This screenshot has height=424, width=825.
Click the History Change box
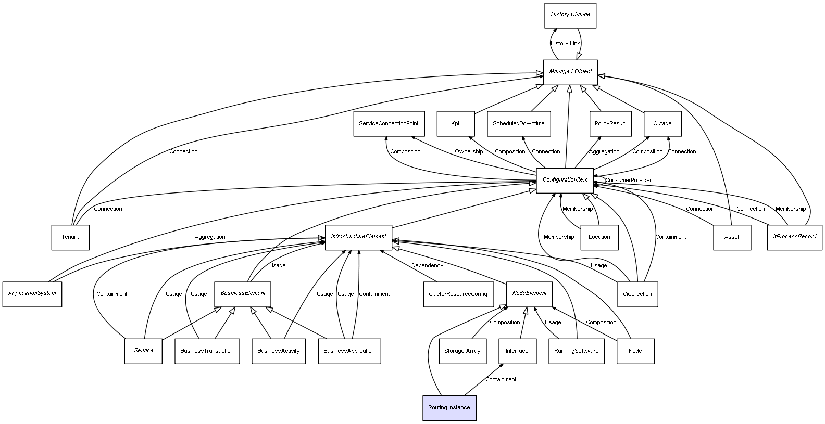(570, 15)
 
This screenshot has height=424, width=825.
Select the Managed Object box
(570, 72)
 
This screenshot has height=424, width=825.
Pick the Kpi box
(455, 124)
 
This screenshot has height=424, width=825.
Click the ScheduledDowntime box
(519, 124)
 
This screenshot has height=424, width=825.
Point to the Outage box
(662, 124)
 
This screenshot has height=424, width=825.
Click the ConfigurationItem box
(565, 180)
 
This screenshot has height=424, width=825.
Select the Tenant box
(70, 237)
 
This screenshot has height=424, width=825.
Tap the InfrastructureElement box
(358, 237)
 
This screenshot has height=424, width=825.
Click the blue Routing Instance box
(449, 408)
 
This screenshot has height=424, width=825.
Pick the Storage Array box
(462, 351)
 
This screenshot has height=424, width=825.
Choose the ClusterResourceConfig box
(458, 294)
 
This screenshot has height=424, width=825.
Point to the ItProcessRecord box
(794, 237)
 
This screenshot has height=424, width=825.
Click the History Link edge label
(565, 44)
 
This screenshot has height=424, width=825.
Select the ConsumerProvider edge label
(628, 181)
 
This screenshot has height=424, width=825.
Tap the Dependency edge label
(427, 266)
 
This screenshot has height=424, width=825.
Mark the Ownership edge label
(468, 152)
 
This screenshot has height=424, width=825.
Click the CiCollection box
(637, 294)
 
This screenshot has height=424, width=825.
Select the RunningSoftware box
(576, 351)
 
